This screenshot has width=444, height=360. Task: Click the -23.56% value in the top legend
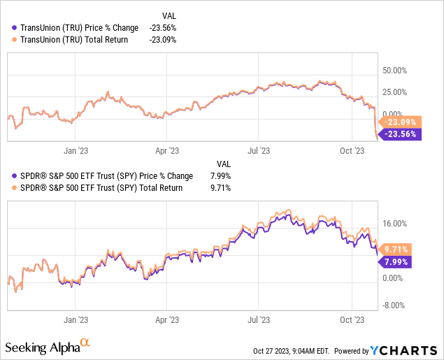(x=162, y=28)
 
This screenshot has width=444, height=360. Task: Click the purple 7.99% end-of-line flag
(x=396, y=261)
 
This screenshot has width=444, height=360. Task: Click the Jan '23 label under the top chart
(x=75, y=150)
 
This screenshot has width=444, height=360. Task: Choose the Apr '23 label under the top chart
(x=166, y=150)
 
